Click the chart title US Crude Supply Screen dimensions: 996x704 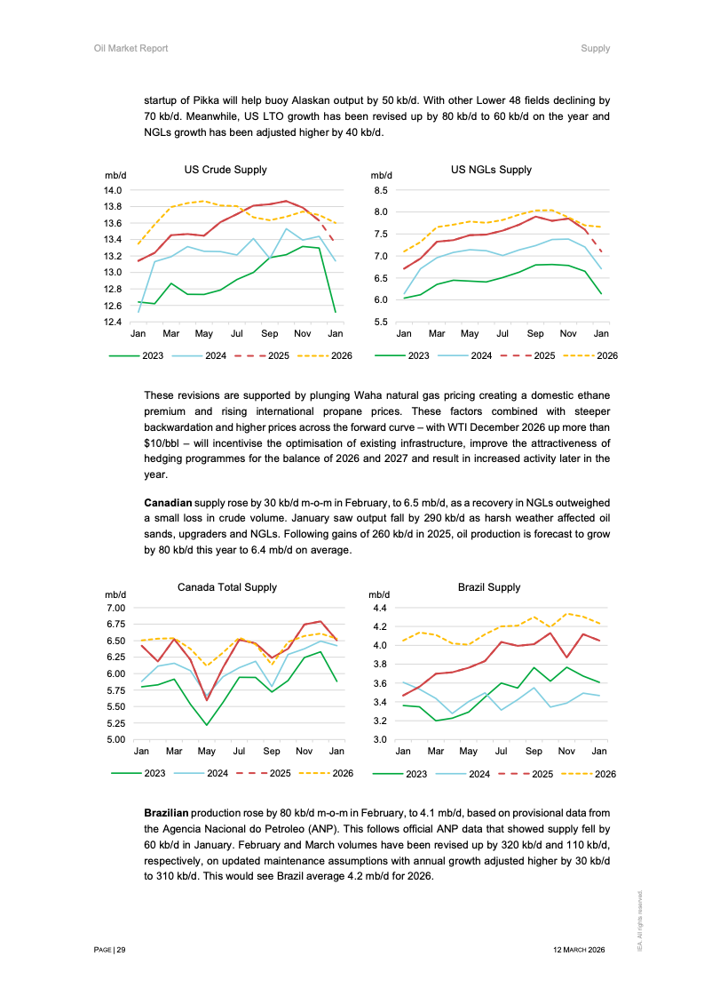coord(225,170)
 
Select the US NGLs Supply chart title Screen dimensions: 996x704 coord(491,170)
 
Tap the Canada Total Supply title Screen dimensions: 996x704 coord(226,587)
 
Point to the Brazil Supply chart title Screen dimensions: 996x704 coord(489,587)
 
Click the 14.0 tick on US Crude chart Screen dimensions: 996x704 coord(113,190)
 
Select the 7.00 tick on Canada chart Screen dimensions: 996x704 coord(115,608)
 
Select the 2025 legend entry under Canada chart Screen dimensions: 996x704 coord(280,773)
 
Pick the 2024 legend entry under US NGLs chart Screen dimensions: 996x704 coord(481,356)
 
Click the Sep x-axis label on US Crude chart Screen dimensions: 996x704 coord(270,334)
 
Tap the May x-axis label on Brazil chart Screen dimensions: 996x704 coord(469,752)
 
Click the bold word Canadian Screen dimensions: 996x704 coord(168,504)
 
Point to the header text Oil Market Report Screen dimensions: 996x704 coord(131,48)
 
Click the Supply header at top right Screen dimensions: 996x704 coord(595,48)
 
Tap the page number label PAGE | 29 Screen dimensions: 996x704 coord(110,950)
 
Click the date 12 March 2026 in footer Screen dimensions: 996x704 coord(578,950)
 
